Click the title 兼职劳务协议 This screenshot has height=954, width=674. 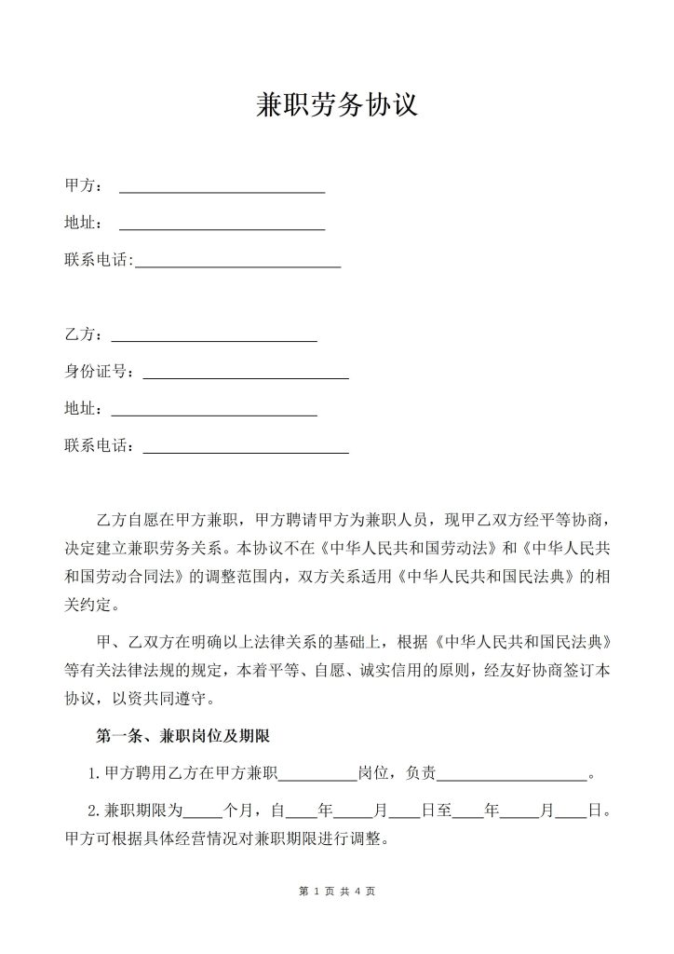(x=337, y=105)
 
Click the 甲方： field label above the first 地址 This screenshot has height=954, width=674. (x=84, y=186)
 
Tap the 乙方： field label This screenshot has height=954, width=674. (x=84, y=334)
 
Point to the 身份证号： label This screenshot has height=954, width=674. (x=100, y=372)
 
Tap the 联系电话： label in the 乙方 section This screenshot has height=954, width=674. (x=100, y=446)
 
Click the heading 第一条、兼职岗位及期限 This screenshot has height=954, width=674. (x=183, y=736)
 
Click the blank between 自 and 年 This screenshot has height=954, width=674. (x=301, y=812)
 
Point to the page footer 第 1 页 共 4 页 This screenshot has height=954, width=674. (x=337, y=892)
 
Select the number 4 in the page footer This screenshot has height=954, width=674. (x=357, y=892)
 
